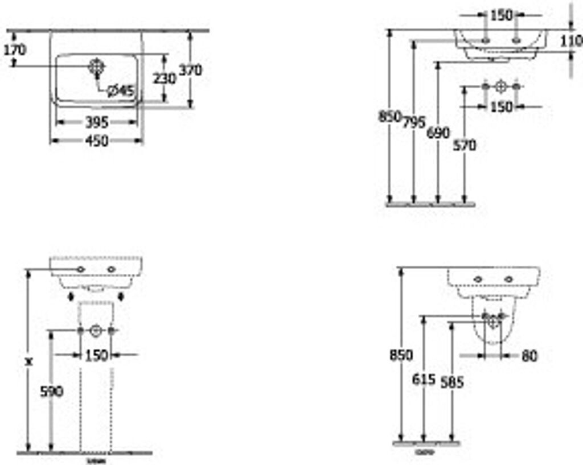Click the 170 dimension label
pyautogui.click(x=14, y=50)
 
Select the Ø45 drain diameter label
pyautogui.click(x=119, y=90)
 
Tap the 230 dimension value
pyautogui.click(x=165, y=78)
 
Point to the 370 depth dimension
pyautogui.click(x=190, y=70)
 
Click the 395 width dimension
pyautogui.click(x=97, y=122)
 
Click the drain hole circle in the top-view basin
pyautogui.click(x=96, y=66)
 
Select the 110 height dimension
pyautogui.click(x=571, y=40)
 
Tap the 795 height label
pyautogui.click(x=414, y=122)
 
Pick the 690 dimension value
pyautogui.click(x=438, y=133)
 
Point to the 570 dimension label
pyautogui.click(x=465, y=146)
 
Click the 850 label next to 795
pyautogui.click(x=390, y=116)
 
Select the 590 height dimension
pyautogui.click(x=52, y=391)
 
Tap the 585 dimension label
pyautogui.click(x=452, y=382)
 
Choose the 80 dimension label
pyautogui.click(x=529, y=356)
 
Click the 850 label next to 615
pyautogui.click(x=401, y=355)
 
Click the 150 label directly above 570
pyautogui.click(x=501, y=107)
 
